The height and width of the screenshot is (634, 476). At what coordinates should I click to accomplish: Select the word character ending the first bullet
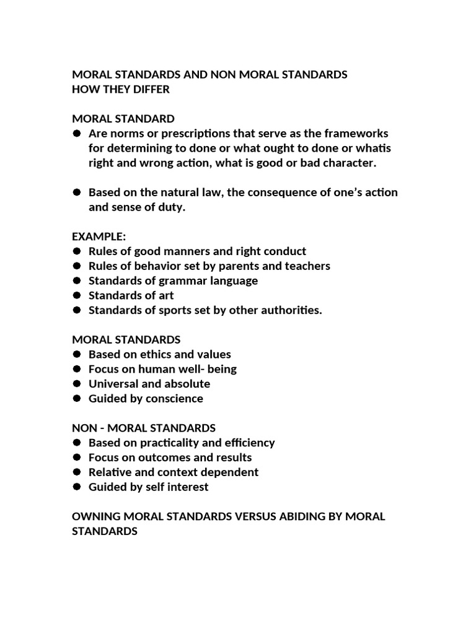351,163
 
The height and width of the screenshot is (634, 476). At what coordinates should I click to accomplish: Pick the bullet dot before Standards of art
77,295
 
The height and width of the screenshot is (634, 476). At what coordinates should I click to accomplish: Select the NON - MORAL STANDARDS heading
144,428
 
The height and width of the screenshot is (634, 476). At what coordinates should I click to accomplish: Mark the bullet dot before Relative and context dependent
77,472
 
